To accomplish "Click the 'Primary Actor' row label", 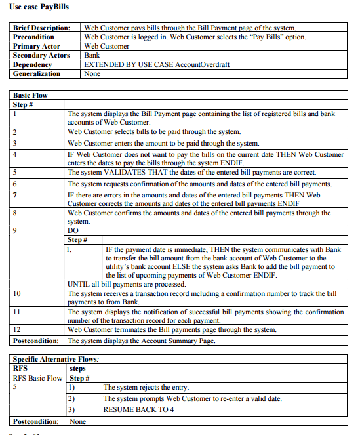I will pyautogui.click(x=37, y=47).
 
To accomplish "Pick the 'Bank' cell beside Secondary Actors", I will pyautogui.click(x=92, y=56).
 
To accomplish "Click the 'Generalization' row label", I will pyautogui.click(x=37, y=74).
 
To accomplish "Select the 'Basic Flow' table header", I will pyautogui.click(x=31, y=96).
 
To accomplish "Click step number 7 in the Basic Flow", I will pyautogui.click(x=15, y=196).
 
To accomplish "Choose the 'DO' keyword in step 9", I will pyautogui.click(x=73, y=231).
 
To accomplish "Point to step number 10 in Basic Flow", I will pyautogui.click(x=17, y=294).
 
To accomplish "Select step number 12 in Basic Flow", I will pyautogui.click(x=17, y=329).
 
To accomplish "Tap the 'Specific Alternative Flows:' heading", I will pyautogui.click(x=56, y=360).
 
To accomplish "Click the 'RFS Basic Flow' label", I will pyautogui.click(x=37, y=379).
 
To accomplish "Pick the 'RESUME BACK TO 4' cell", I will pyautogui.click(x=136, y=409).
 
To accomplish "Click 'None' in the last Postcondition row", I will pyautogui.click(x=78, y=421).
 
